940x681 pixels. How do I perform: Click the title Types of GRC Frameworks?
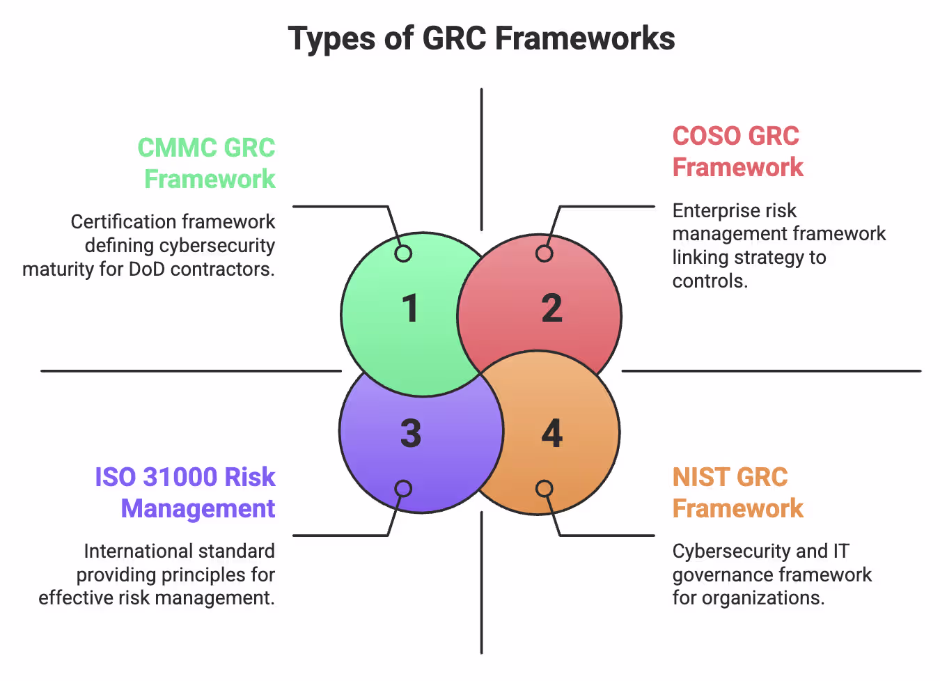pos(481,38)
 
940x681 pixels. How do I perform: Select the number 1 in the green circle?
pos(410,308)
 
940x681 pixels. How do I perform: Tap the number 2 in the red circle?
pos(551,308)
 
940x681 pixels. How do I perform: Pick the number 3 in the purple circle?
pos(410,434)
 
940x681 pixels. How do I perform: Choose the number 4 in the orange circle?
pos(551,434)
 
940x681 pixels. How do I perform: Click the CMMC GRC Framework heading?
pos(207,163)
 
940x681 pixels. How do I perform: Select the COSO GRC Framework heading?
pos(737,152)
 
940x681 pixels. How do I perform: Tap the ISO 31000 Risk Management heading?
pos(185,492)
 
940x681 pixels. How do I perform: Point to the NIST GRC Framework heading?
pos(737,492)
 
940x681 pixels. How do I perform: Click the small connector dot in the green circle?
pos(403,253)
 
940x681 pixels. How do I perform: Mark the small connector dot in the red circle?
pos(545,253)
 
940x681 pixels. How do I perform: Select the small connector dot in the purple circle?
pos(403,489)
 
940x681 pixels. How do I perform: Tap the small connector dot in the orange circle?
pos(545,489)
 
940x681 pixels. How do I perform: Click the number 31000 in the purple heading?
pos(180,477)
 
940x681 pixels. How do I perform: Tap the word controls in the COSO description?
pos(709,281)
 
